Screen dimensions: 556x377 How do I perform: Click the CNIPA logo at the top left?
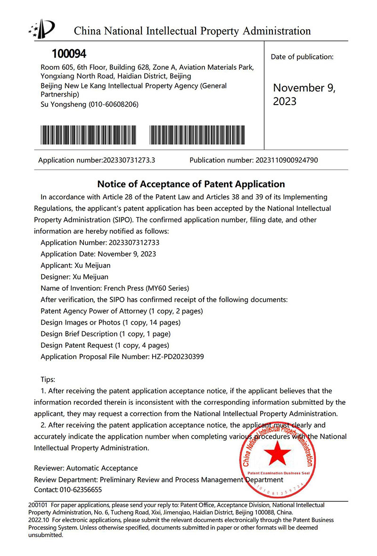point(42,29)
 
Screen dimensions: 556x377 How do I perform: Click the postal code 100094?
point(69,54)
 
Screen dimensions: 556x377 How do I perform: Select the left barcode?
point(88,135)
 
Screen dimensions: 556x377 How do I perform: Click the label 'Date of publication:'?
point(302,57)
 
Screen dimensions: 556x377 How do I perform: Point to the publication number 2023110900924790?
point(287,160)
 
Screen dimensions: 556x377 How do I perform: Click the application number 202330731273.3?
point(129,160)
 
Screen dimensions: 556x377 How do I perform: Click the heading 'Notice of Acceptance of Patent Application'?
point(191,184)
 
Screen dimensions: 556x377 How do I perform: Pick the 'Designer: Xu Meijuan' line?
point(74,277)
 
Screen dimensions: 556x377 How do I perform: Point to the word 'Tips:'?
point(48,379)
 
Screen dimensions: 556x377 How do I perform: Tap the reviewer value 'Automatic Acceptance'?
point(102,468)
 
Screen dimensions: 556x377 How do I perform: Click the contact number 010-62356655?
point(78,490)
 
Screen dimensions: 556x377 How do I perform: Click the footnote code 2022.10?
point(38,520)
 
